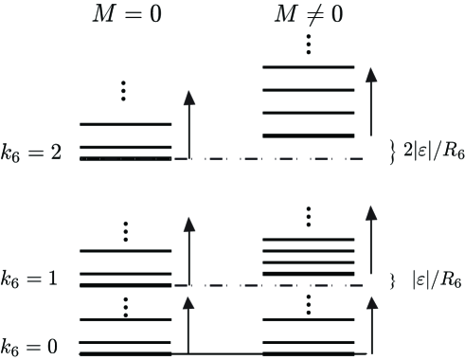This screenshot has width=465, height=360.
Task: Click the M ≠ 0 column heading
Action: [308, 18]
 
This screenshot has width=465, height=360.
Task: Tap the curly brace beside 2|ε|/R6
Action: [391, 149]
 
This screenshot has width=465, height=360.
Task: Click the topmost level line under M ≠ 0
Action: [308, 67]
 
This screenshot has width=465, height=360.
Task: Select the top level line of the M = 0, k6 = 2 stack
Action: [125, 124]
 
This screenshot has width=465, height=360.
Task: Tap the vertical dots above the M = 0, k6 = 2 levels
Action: [125, 92]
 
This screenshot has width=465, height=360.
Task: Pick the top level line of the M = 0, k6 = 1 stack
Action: [125, 251]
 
